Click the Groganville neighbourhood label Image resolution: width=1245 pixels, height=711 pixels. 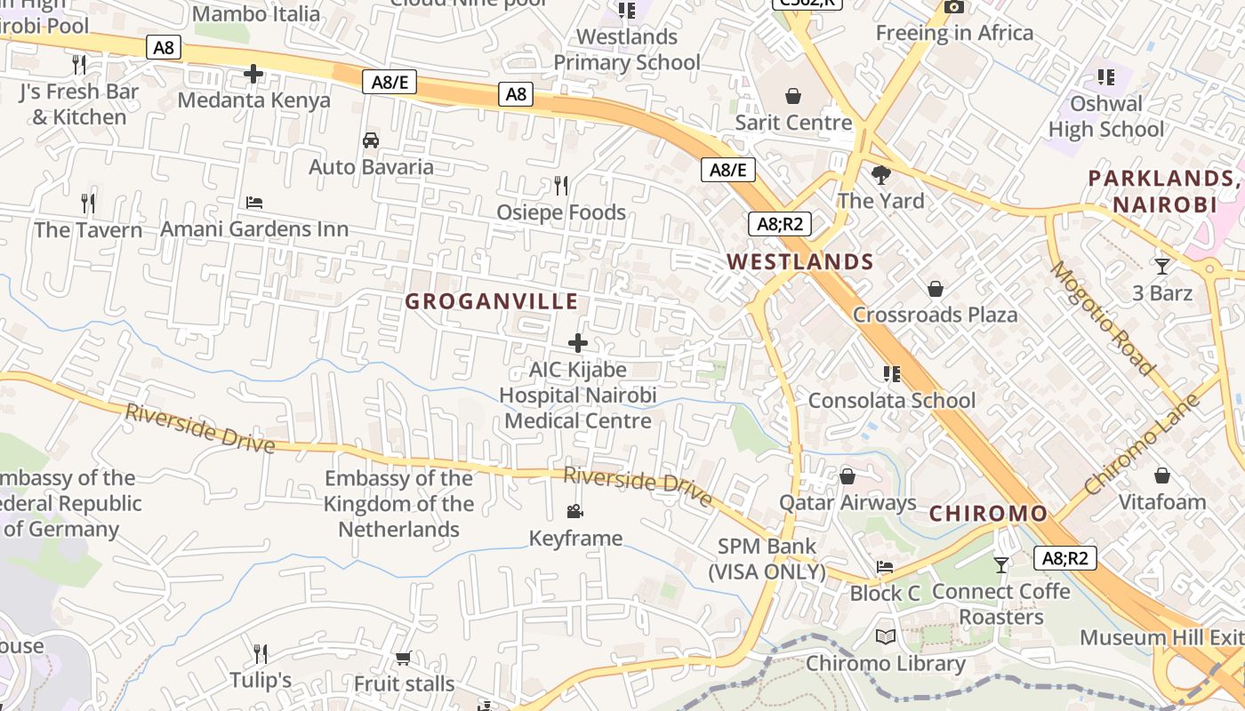pos(492,301)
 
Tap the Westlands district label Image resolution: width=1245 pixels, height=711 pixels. pos(800,261)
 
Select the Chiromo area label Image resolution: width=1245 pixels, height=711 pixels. pos(989,513)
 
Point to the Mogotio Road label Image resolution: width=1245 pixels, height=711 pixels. pos(1103,317)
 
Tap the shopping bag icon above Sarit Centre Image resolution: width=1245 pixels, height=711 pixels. pos(793,95)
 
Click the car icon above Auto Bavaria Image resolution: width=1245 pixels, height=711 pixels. pos(371,140)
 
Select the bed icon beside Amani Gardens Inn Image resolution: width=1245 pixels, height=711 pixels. pos(254,203)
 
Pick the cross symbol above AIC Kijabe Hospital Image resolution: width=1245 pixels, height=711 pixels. pos(578,342)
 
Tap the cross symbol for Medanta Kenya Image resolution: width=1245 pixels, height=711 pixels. pos(253,74)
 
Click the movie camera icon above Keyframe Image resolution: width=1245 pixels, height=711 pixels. pos(575,511)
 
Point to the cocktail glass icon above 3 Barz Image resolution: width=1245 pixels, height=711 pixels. pos(1161,266)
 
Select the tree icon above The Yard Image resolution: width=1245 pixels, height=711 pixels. pos(881,174)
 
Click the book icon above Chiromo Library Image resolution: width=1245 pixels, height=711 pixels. pos(886,636)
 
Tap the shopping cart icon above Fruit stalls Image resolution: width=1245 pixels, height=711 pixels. pos(404,658)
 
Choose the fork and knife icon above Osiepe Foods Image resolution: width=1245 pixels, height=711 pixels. pos(561,185)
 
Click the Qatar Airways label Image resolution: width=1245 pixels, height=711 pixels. pos(847,502)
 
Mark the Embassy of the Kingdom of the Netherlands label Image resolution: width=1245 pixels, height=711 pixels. pos(398,504)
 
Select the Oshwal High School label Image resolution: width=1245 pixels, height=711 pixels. pos(1106,116)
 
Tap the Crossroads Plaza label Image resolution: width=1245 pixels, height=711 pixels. pos(936,315)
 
